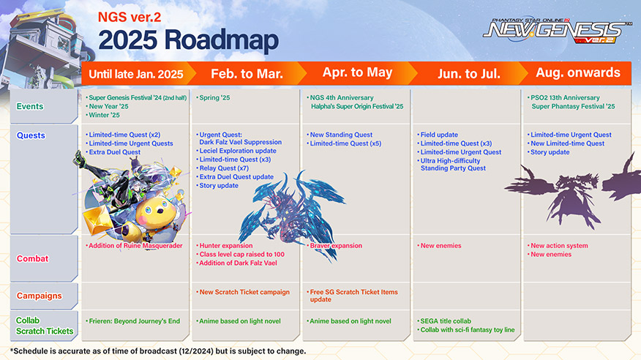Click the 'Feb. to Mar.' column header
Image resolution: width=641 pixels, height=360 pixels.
247,74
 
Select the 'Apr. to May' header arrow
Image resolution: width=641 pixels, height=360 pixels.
358,74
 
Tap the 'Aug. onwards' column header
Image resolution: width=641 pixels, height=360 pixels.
578,72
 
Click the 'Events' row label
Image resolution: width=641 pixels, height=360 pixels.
30,107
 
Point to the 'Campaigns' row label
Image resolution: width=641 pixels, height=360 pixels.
40,296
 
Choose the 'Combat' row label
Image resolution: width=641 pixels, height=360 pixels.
32,259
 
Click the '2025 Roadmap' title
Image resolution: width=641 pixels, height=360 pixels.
189,41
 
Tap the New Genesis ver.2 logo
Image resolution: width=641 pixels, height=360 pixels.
557,31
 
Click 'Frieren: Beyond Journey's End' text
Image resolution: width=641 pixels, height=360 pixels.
135,321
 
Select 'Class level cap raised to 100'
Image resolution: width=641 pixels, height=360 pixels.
242,254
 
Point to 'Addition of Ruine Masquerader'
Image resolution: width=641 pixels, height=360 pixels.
135,246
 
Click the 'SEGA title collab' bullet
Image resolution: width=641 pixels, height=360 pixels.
446,321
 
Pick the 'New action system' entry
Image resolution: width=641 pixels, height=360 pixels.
559,246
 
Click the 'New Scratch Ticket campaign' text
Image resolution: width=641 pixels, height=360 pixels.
244,292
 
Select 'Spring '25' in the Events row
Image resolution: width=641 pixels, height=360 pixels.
214,97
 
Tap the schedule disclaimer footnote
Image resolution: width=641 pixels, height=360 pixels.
158,351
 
